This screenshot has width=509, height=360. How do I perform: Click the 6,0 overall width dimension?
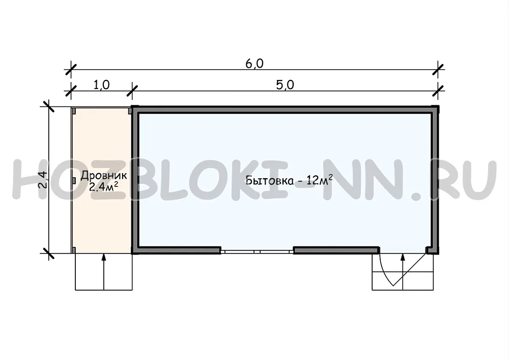254,64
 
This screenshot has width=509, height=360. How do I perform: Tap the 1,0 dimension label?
102,85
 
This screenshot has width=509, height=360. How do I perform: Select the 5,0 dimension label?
285,85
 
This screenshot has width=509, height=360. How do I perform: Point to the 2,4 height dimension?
43,180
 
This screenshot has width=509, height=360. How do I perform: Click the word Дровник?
103,176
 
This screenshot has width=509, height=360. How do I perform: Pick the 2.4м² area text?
103,187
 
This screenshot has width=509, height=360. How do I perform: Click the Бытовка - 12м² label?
289,180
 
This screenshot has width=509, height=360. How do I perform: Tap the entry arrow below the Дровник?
104,272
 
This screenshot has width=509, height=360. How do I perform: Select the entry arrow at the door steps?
403,272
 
